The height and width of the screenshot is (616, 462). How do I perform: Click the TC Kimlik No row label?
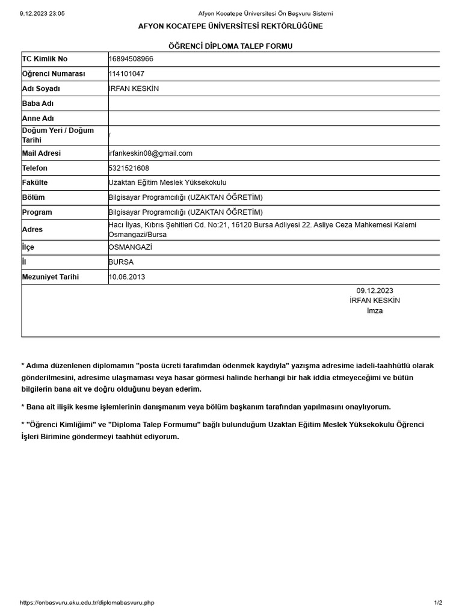pyautogui.click(x=45, y=59)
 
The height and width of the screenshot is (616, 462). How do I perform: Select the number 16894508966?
pyautogui.click(x=131, y=59)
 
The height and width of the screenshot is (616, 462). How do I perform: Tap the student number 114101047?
pyautogui.click(x=126, y=74)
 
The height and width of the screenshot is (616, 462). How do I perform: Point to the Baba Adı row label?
pyautogui.click(x=38, y=103)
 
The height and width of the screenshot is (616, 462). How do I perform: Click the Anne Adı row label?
pyautogui.click(x=38, y=119)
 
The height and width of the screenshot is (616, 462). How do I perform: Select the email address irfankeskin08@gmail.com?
pyautogui.click(x=150, y=153)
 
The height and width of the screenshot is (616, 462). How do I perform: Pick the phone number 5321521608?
pyautogui.click(x=129, y=168)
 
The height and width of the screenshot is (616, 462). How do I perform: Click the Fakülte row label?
pyautogui.click(x=35, y=183)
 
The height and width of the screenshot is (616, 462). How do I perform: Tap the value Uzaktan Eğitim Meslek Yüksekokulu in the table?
pyautogui.click(x=167, y=183)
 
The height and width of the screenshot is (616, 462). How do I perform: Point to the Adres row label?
pyautogui.click(x=32, y=230)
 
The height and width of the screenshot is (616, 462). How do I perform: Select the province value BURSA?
pyautogui.click(x=121, y=262)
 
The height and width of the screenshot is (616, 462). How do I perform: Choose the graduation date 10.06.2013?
pyautogui.click(x=127, y=277)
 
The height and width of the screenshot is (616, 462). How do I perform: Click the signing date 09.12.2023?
pyautogui.click(x=375, y=291)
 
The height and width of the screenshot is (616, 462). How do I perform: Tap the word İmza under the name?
pyautogui.click(x=375, y=311)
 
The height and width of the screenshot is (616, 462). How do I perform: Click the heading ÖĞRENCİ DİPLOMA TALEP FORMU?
pyautogui.click(x=230, y=46)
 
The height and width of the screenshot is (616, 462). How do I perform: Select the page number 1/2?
pyautogui.click(x=438, y=603)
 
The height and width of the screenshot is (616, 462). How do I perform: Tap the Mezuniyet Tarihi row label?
pyautogui.click(x=51, y=277)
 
